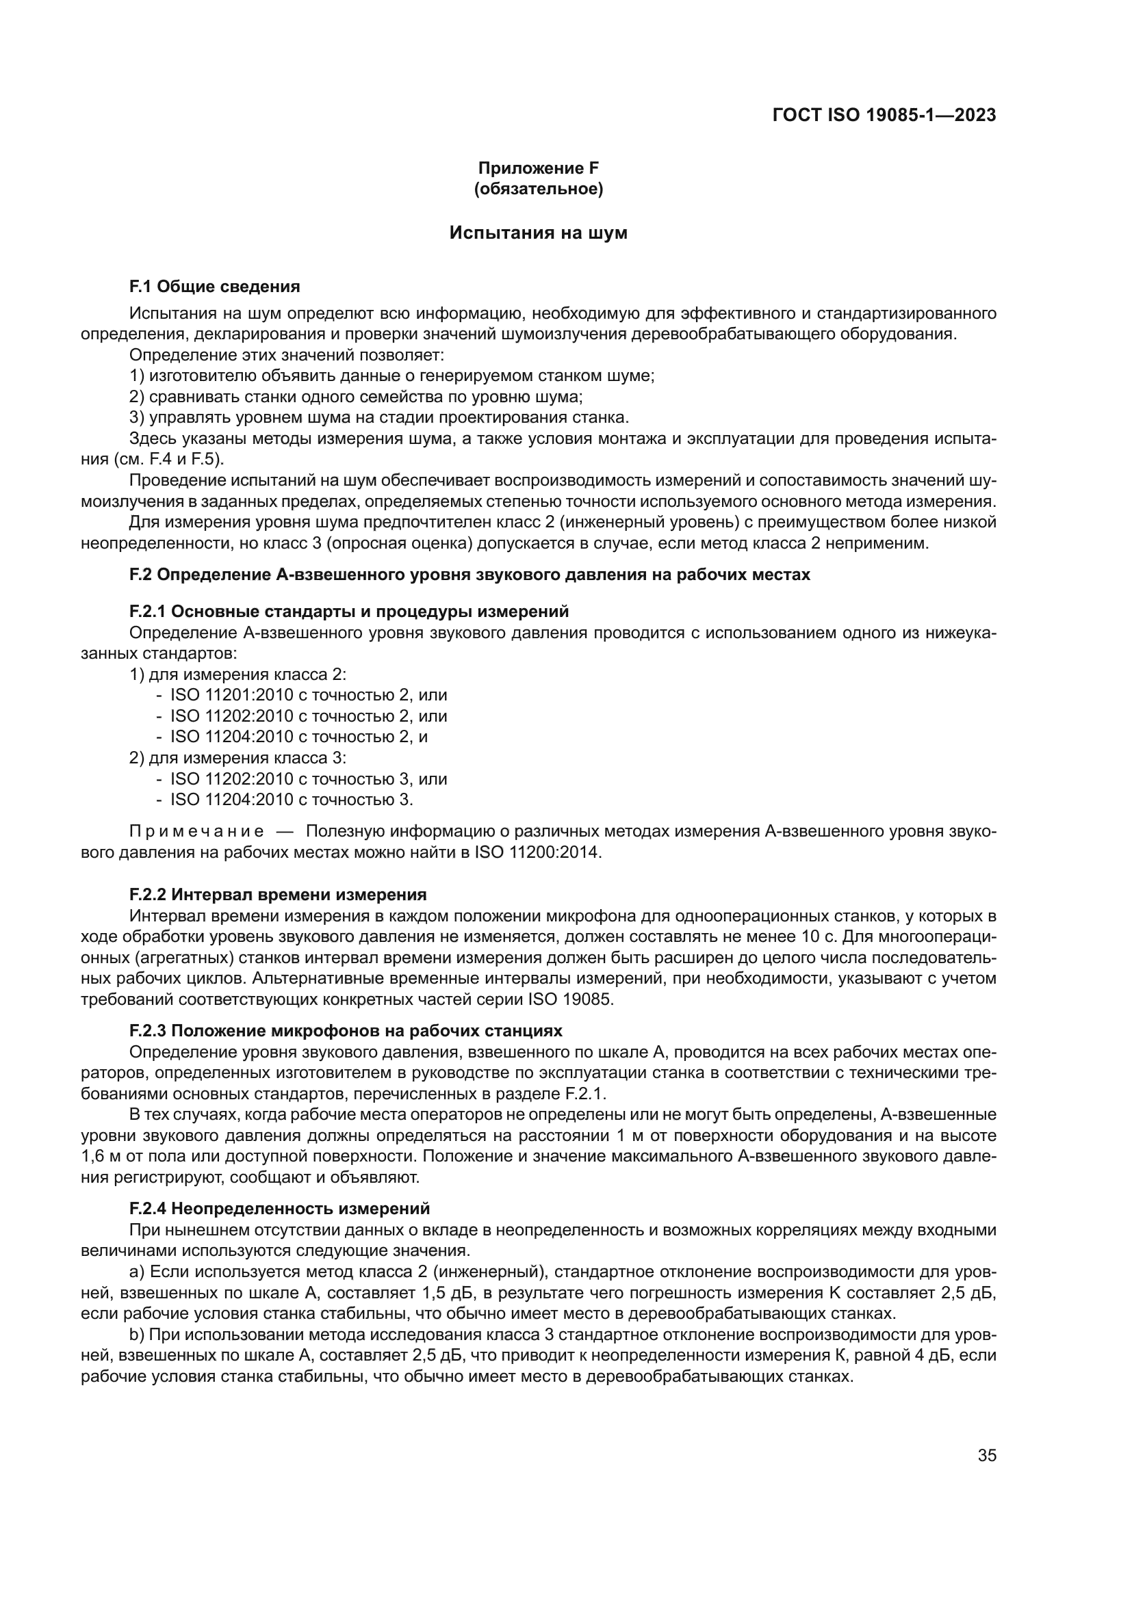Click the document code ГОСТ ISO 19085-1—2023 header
[884, 115]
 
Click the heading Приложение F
[538, 168]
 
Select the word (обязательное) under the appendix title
[538, 189]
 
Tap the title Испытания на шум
[538, 233]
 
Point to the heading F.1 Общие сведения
[215, 287]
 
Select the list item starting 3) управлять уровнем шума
[379, 418]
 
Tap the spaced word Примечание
[196, 832]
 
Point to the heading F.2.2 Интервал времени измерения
[278, 895]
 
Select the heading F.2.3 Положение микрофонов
[346, 1031]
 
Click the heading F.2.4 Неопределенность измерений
[279, 1208]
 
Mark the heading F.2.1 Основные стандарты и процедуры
[348, 612]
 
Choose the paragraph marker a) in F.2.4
[138, 1272]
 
